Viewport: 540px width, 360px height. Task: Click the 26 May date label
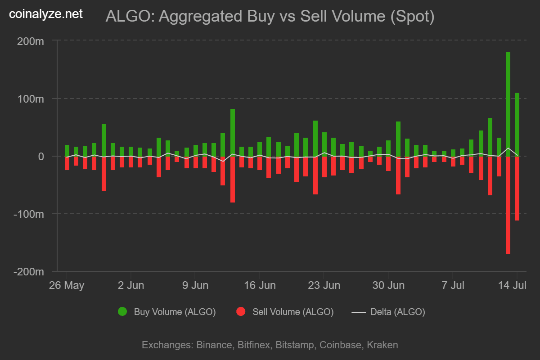click(67, 285)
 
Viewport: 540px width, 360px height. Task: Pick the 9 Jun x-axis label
click(195, 285)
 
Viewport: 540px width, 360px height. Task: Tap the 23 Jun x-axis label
click(324, 285)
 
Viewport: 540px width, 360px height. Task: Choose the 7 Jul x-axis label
click(452, 285)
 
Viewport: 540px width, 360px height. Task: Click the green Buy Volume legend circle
click(122, 311)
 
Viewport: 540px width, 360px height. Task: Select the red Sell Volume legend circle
click(241, 311)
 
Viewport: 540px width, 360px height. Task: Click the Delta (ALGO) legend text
click(397, 312)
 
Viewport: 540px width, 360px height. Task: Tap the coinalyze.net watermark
click(46, 14)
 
